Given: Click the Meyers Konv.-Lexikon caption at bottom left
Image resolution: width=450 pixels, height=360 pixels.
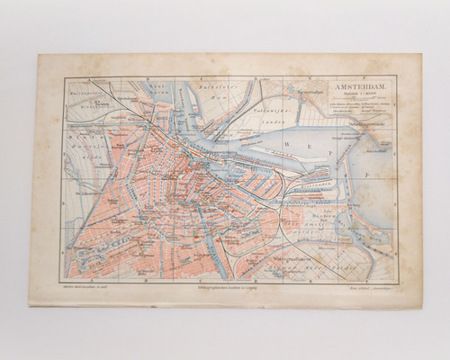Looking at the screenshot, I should [86, 284].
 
